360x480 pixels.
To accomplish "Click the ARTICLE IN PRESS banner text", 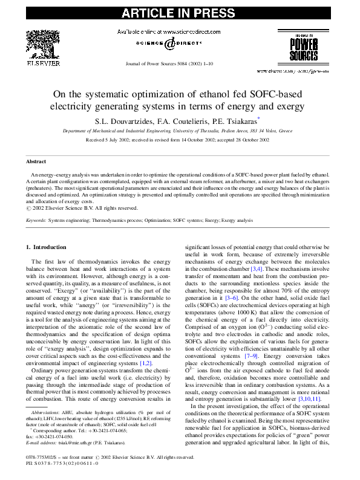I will pos(180,11).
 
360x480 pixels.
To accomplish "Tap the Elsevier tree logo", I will pos(42,44).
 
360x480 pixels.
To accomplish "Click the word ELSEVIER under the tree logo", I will pos(42,62).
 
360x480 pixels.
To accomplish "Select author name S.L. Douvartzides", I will pos(126,120).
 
